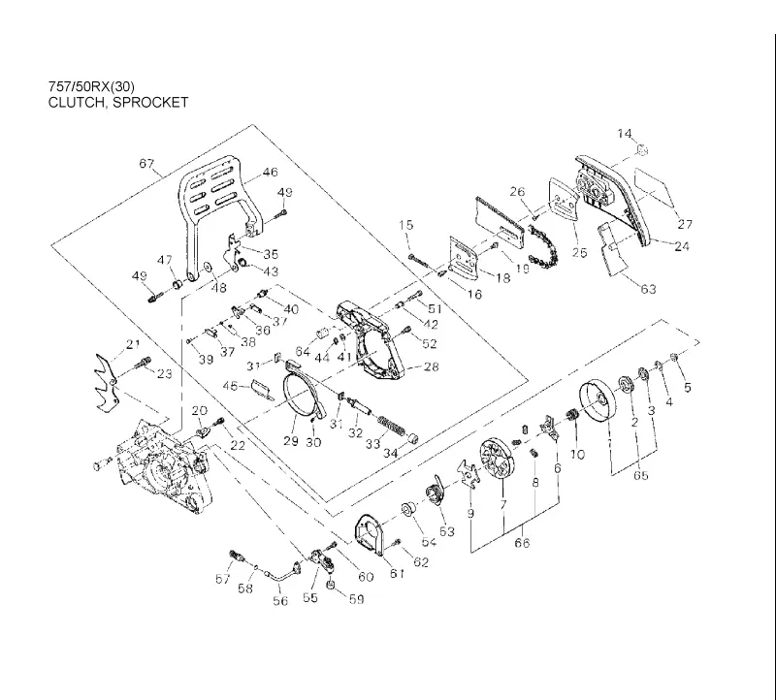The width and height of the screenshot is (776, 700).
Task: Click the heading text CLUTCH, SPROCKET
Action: pos(117,103)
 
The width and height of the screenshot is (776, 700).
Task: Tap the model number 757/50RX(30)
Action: pos(91,86)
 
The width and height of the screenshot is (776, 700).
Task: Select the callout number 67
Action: pos(146,163)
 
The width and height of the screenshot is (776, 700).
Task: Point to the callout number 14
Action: pos(625,134)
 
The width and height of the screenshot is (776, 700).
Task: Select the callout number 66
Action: pos(522,543)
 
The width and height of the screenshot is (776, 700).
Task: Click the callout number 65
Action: pos(641,475)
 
